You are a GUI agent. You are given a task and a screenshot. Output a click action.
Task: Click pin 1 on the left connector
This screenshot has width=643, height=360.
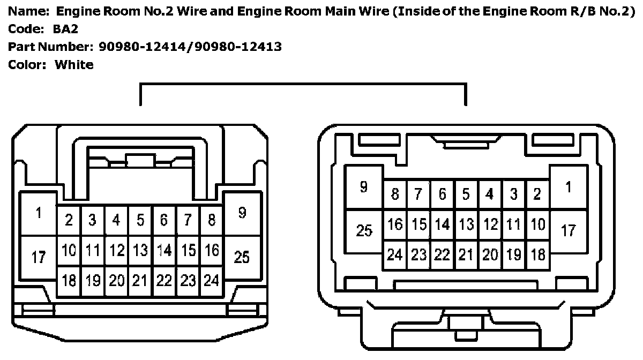click(38, 213)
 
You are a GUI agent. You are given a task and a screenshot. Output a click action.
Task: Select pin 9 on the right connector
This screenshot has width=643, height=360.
click(364, 187)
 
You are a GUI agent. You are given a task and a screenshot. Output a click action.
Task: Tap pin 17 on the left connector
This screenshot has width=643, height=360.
click(38, 258)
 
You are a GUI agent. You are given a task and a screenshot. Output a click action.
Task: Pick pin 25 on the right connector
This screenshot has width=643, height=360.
click(364, 231)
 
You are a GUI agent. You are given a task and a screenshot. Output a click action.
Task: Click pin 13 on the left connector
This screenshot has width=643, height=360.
click(140, 250)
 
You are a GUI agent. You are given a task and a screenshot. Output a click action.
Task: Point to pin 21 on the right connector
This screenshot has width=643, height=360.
click(466, 255)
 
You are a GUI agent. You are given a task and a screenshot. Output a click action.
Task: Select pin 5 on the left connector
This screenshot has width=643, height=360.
click(140, 220)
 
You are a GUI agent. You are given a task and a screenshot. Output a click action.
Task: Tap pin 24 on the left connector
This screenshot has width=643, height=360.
click(212, 280)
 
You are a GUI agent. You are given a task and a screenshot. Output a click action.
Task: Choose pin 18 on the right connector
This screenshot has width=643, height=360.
click(537, 255)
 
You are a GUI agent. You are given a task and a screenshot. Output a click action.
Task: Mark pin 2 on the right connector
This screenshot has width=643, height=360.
click(537, 194)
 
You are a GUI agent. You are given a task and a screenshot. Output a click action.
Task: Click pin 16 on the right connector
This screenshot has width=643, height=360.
click(395, 224)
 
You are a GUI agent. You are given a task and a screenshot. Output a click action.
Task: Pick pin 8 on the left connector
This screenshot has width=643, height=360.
click(212, 220)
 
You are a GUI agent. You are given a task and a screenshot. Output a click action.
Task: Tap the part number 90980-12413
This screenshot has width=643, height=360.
click(240, 47)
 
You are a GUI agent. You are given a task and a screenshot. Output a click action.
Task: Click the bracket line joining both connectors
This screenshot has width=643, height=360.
click(303, 84)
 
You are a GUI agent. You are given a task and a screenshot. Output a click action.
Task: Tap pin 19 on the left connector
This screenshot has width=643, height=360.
click(93, 280)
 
